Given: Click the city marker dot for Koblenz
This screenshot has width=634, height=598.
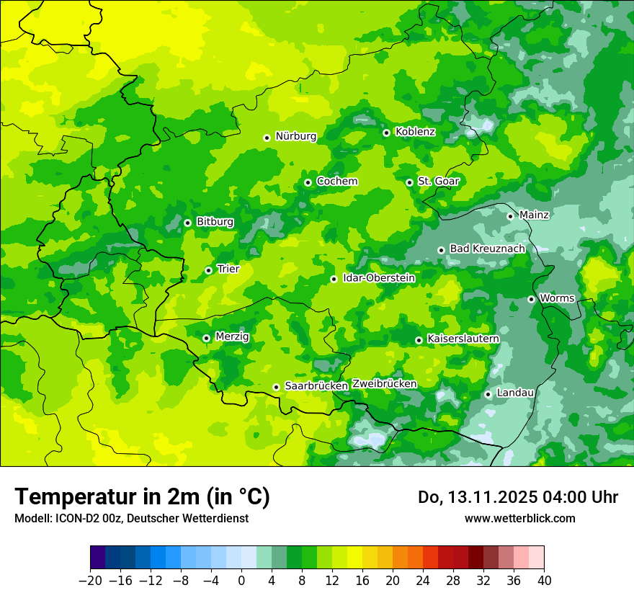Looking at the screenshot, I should click(x=386, y=133).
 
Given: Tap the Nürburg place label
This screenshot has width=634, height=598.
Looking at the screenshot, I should click(x=295, y=136).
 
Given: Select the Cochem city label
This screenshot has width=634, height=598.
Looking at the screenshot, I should click(x=336, y=182).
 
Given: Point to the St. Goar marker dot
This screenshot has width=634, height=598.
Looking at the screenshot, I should click(x=409, y=182).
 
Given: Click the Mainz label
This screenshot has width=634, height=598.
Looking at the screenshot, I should click(x=534, y=215).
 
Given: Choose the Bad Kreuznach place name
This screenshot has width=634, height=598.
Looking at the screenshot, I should click(x=487, y=249).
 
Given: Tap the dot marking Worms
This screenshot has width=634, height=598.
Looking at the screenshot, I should click(x=531, y=299).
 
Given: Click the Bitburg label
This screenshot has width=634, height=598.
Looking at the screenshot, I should click(x=215, y=222).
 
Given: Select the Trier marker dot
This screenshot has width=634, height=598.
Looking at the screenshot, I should click(x=208, y=270).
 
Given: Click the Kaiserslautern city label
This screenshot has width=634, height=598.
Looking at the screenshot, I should click(x=463, y=339).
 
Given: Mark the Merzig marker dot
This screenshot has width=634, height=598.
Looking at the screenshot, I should click(x=206, y=338).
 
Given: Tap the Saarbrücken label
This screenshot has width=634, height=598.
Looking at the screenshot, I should click(x=316, y=386).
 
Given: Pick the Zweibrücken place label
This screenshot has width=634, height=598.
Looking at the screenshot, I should click(x=384, y=384).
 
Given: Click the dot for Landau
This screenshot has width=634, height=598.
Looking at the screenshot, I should click(x=488, y=394).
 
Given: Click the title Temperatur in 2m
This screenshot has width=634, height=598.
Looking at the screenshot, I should click(x=142, y=496).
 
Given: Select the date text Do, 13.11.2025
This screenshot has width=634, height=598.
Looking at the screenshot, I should click(x=480, y=497).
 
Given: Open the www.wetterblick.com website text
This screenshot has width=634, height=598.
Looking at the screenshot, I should click(x=519, y=519).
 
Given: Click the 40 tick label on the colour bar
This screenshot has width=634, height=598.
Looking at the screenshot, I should click(x=544, y=581).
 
